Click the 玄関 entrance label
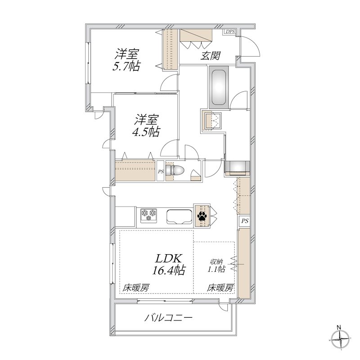click(211, 56)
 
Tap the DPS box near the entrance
click(230, 32)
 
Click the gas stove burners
click(148, 214)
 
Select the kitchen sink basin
click(179, 216)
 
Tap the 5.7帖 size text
click(126, 67)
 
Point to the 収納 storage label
click(218, 262)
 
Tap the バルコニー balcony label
click(168, 318)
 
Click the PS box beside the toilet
click(161, 171)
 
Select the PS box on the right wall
click(244, 221)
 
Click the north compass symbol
click(340, 338)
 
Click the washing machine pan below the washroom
click(238, 167)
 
